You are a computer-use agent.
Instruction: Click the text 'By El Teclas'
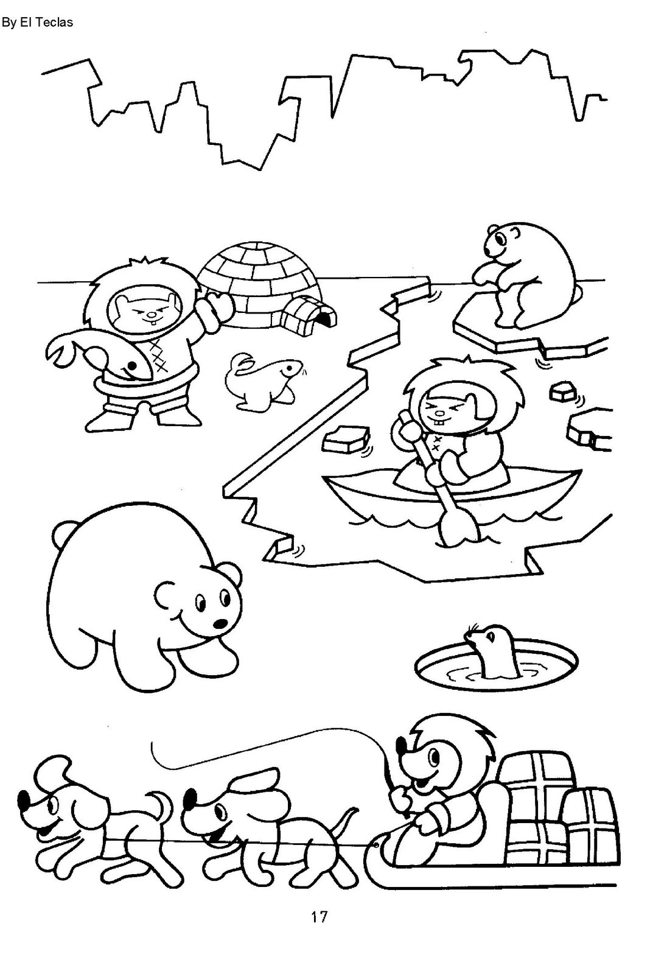point(37,22)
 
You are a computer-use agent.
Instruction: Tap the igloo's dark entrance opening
point(329,320)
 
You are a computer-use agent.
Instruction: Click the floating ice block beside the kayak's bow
point(346,441)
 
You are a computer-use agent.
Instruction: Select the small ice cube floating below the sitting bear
point(563,392)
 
